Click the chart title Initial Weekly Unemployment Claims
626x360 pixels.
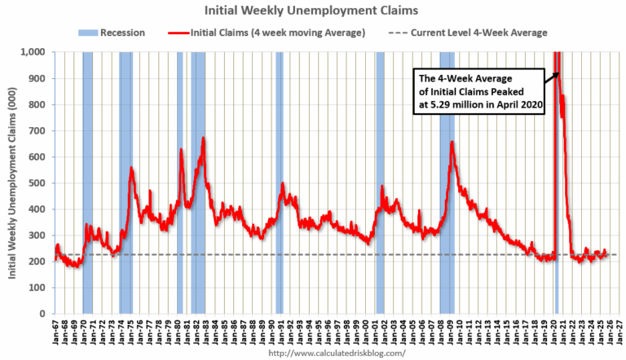tap(313, 11)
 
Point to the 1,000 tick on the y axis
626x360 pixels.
tap(33, 52)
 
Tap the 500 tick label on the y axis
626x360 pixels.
tap(36, 183)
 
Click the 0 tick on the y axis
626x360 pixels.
tap(42, 314)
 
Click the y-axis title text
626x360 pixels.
tap(14, 183)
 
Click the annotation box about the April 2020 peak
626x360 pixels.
tap(476, 94)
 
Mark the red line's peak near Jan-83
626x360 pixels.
tap(203, 138)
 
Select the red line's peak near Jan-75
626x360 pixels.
tap(131, 168)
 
